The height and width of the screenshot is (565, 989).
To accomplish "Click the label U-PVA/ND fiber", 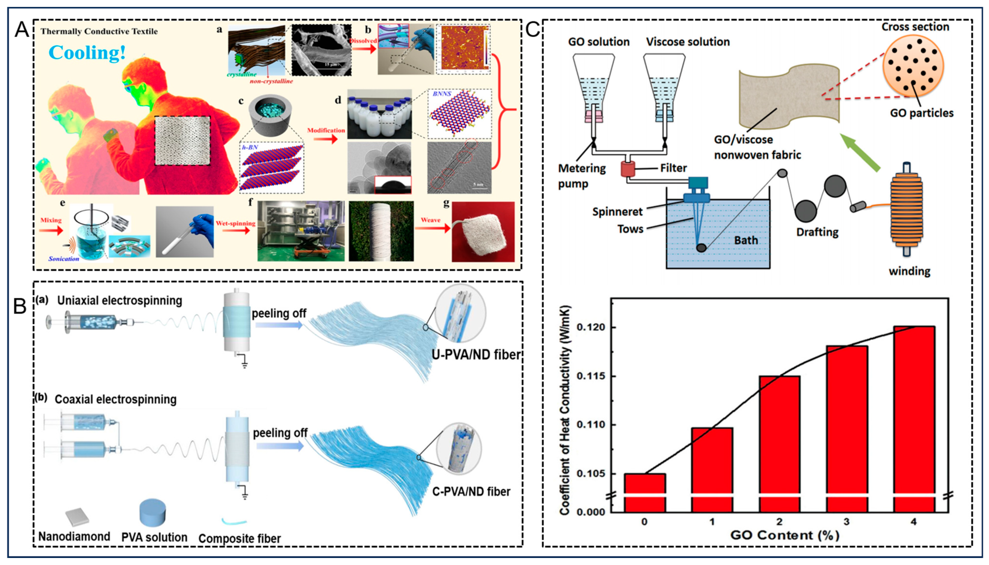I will [476, 354].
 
